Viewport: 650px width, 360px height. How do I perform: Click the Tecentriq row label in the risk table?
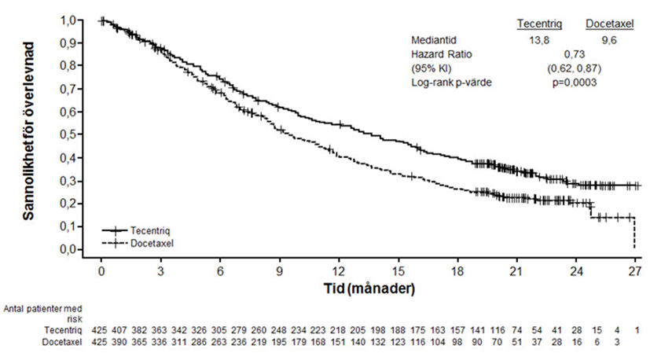point(64,329)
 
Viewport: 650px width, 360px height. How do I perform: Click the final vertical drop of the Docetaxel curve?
point(634,233)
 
